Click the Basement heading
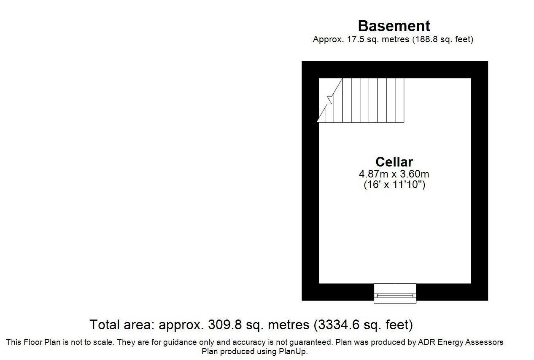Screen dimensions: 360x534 point(394,26)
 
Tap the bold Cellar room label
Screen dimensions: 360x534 point(394,162)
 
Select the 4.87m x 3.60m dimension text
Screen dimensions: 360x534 point(394,174)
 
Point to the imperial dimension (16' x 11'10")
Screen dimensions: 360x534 point(394,185)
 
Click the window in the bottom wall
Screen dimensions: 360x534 point(395,293)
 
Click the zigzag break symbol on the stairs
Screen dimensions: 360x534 point(330,100)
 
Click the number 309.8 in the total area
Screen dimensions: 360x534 point(224,325)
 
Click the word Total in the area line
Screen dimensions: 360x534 point(105,325)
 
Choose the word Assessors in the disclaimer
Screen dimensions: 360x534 point(485,342)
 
